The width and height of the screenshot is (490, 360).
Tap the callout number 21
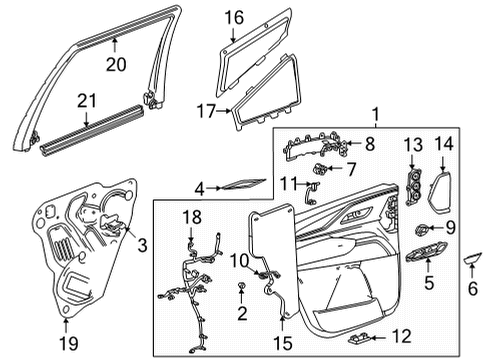(88, 102)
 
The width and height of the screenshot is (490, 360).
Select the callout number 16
(233, 17)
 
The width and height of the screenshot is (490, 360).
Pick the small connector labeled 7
(326, 168)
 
